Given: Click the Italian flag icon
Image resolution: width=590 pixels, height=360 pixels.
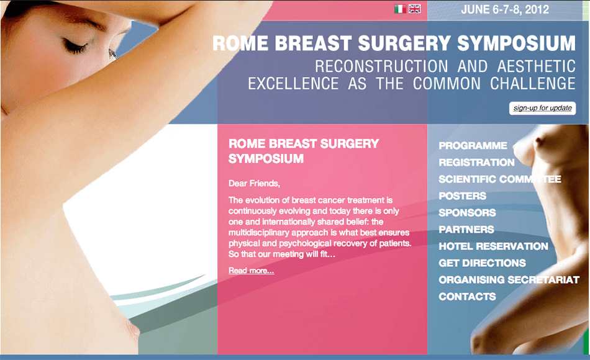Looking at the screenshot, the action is click(x=400, y=9).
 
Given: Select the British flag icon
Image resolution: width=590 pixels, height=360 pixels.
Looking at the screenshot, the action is click(x=415, y=9).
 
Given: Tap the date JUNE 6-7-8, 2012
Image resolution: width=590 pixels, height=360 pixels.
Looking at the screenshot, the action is click(x=505, y=10).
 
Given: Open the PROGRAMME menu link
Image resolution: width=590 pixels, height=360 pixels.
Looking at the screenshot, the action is click(x=473, y=146).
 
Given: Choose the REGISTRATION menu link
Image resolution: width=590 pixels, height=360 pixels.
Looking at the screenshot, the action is click(x=476, y=163).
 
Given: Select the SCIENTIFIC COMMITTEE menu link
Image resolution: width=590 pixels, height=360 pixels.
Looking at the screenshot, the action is click(x=500, y=179).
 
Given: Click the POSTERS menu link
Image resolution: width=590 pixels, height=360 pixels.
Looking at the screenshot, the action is click(x=463, y=196).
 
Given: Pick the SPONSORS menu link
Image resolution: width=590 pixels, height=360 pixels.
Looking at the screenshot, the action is click(x=467, y=212).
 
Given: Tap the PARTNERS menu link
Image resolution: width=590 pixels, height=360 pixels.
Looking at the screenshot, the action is click(x=466, y=230).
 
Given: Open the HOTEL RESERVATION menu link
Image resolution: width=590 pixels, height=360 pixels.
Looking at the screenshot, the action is click(x=493, y=246).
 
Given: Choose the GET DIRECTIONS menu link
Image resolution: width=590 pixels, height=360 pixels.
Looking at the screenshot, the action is click(x=482, y=263).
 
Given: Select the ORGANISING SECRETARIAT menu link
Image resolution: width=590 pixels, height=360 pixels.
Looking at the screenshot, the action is click(x=509, y=280).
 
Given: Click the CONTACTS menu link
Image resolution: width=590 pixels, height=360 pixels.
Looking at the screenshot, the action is click(x=467, y=297).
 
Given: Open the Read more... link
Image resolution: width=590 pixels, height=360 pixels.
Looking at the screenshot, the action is click(x=252, y=271).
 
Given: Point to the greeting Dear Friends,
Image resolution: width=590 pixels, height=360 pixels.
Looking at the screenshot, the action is click(x=255, y=184).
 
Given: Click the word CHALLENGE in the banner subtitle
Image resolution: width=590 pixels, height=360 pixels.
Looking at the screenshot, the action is click(x=532, y=84).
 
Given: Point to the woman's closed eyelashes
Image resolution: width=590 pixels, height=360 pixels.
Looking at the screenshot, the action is click(x=74, y=48).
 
